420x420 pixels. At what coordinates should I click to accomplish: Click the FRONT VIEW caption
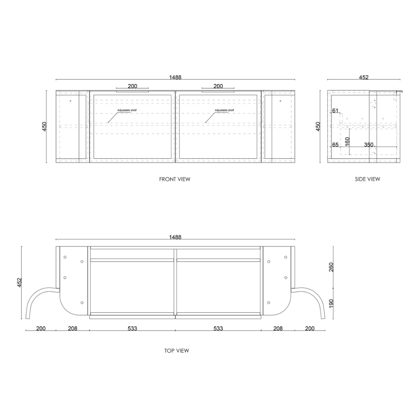(175, 179)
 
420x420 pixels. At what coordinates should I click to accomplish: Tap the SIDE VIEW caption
(367, 179)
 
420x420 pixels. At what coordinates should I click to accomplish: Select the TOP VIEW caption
(177, 351)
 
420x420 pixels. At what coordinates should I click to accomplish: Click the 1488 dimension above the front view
(175, 77)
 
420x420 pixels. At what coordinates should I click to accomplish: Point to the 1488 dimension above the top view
(175, 237)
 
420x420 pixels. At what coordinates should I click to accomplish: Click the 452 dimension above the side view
(364, 77)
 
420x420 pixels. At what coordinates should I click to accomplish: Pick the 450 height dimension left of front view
(44, 126)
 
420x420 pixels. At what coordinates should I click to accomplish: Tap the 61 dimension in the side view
(335, 110)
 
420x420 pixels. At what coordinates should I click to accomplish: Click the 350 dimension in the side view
(369, 145)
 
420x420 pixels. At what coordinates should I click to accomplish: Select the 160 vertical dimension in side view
(347, 142)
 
